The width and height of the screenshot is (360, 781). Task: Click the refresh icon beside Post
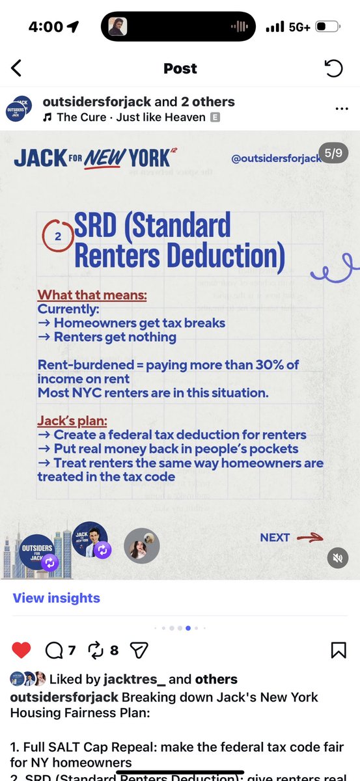pos(333,68)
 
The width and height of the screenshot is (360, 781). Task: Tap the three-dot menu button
pos(341,109)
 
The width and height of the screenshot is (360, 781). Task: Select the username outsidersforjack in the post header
pos(96,102)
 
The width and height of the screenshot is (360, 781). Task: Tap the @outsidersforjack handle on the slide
pos(277,158)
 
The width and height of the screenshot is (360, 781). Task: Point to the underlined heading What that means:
pos(92,295)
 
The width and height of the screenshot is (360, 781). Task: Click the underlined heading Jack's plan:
pos(73,420)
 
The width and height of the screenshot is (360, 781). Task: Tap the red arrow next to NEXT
pos(309,538)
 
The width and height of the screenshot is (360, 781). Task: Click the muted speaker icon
pos(337,557)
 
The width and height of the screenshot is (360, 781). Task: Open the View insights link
pos(56,598)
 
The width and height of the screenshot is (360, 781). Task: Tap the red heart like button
pos(21,650)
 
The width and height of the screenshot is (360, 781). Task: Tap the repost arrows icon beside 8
pos(95,650)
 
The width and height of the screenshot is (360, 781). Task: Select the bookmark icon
pos(338,650)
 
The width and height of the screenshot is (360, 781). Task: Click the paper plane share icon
pos(139,650)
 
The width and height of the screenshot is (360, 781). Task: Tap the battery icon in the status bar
pos(327,27)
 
